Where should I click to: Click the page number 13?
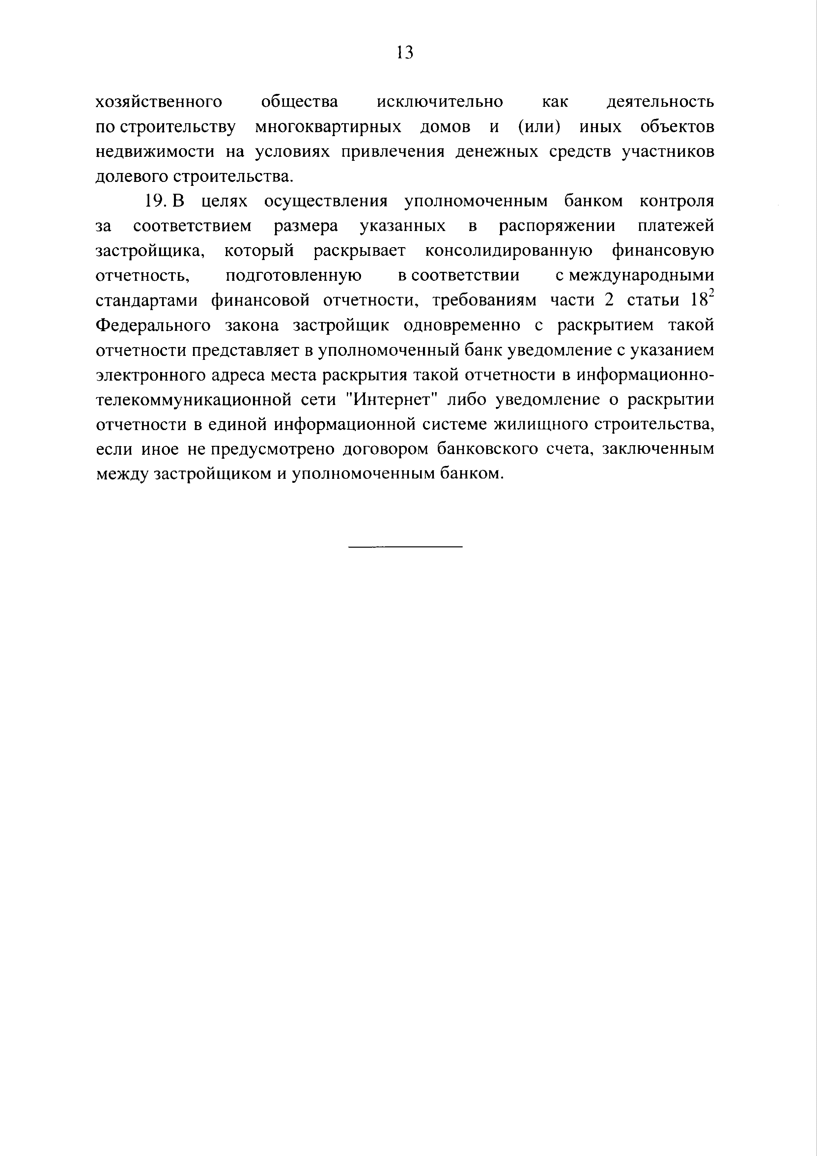[x=405, y=52]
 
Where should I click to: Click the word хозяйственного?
[x=159, y=102]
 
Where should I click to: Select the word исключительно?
[x=440, y=102]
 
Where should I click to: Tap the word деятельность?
[x=660, y=102]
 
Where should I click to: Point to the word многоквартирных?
[x=328, y=128]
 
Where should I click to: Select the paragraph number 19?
[x=155, y=201]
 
